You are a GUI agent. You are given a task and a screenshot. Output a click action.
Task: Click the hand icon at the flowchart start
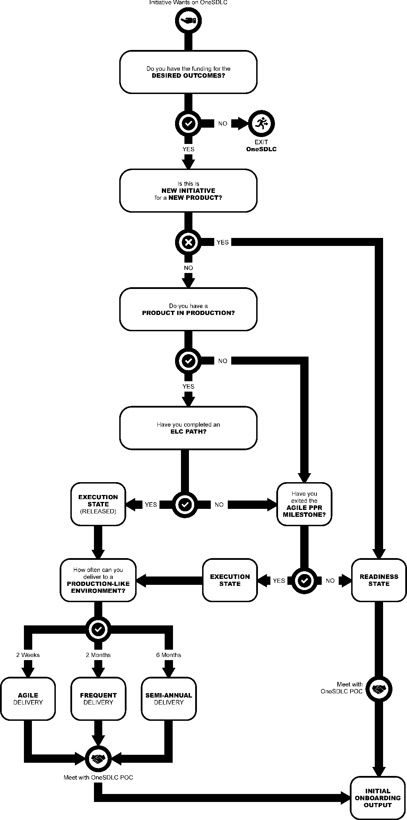[188, 21]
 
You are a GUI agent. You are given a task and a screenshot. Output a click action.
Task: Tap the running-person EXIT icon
[262, 123]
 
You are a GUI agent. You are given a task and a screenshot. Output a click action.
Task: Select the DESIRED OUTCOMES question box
[188, 72]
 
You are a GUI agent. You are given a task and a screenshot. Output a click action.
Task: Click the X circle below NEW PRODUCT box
[188, 242]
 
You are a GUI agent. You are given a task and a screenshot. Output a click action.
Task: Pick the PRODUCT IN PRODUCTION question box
[188, 309]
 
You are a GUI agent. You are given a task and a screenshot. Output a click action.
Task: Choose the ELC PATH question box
[188, 428]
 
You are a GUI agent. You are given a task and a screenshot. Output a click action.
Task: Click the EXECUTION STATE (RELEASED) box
[98, 504]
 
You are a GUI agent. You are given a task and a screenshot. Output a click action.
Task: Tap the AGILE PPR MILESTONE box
[304, 504]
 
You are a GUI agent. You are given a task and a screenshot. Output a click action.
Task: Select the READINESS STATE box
[379, 580]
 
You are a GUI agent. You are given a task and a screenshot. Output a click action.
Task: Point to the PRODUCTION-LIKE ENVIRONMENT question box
[98, 580]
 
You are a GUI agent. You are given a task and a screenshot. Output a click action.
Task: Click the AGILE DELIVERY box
[28, 699]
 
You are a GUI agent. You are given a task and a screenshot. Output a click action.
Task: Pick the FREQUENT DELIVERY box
[98, 699]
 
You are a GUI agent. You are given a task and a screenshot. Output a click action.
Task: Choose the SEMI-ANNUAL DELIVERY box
[168, 699]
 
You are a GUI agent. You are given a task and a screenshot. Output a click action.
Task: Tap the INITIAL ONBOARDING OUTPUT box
[378, 798]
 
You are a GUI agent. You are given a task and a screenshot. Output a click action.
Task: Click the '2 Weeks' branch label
[28, 655]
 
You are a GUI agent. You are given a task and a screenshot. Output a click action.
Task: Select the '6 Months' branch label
[168, 655]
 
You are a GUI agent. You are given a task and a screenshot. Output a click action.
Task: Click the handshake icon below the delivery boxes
[98, 759]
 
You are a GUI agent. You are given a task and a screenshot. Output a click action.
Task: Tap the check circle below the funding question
[188, 123]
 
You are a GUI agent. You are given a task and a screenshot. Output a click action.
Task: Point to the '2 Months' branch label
[98, 655]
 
